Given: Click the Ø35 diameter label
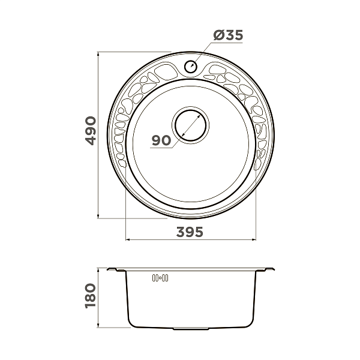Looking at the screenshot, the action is (x=228, y=35).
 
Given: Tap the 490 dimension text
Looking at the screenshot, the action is (x=91, y=131).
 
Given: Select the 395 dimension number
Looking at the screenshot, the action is (x=190, y=232).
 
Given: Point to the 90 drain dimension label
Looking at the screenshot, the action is (x=161, y=140).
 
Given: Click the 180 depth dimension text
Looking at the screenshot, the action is (x=91, y=296).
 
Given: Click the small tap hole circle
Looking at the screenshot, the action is (x=191, y=66).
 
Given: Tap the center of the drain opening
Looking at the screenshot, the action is (x=191, y=125).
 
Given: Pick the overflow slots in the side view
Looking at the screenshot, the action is (x=160, y=278).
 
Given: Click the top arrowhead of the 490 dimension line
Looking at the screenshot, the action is (x=98, y=54).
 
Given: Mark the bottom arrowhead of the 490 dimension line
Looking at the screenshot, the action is (x=98, y=216).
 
